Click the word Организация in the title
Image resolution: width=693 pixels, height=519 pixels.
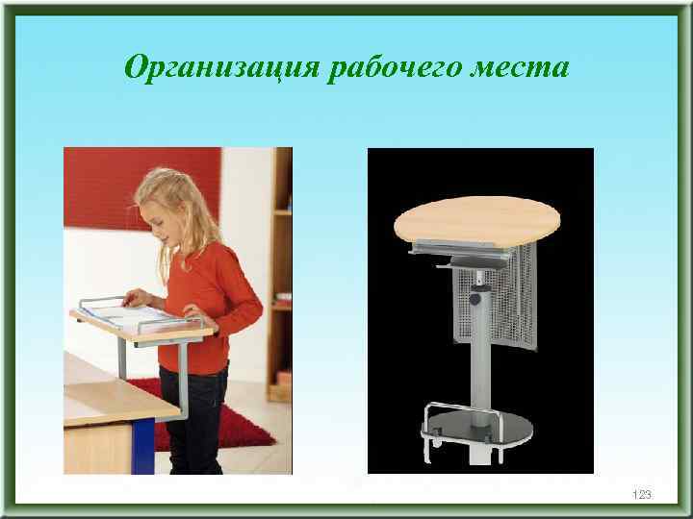223,68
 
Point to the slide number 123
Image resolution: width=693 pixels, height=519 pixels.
642,494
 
